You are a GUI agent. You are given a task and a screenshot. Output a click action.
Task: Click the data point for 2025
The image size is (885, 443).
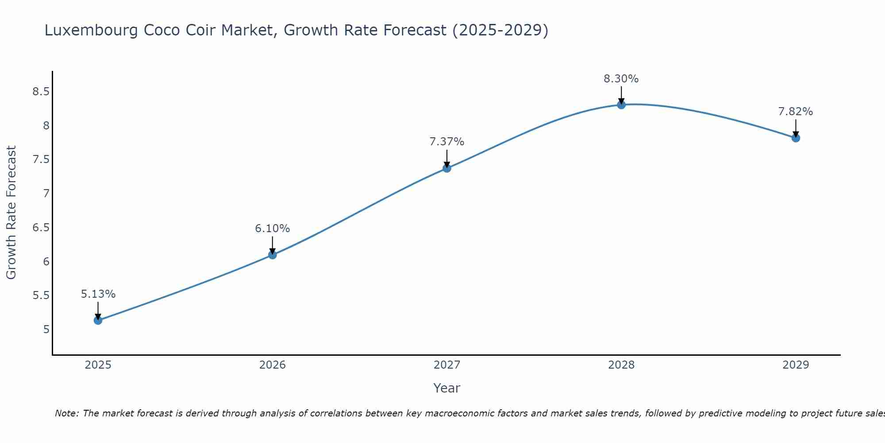(98, 320)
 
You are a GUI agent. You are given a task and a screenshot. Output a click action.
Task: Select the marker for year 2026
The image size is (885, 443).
(273, 255)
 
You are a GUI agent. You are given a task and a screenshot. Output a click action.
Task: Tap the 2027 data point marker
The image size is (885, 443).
(447, 168)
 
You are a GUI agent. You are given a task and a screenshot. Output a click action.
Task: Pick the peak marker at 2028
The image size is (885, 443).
(621, 105)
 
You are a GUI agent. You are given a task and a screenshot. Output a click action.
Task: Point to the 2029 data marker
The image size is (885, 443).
(796, 138)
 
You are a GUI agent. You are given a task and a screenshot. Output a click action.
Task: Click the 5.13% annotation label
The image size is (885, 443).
(98, 294)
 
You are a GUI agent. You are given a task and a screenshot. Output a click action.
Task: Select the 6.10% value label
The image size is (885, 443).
(273, 229)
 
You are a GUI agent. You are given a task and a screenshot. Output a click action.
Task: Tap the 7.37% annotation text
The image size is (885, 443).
(447, 142)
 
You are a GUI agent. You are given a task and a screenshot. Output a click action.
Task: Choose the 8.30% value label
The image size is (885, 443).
(621, 79)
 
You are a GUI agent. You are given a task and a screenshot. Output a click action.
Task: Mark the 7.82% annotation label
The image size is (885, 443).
(796, 112)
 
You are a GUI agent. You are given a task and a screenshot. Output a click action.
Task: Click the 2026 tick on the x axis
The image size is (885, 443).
(273, 365)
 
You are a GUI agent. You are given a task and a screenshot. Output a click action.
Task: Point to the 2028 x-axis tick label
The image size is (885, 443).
(621, 365)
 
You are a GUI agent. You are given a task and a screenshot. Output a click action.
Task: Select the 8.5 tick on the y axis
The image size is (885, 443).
(41, 92)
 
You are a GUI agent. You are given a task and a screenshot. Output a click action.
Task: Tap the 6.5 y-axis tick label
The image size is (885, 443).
(41, 228)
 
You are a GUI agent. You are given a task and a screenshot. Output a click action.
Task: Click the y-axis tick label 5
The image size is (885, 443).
(46, 330)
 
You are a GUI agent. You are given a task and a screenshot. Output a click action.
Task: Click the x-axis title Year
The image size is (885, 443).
(447, 388)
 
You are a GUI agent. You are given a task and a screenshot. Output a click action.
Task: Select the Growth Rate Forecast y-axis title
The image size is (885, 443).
(11, 213)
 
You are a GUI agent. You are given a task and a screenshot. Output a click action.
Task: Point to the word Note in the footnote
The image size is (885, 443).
(66, 413)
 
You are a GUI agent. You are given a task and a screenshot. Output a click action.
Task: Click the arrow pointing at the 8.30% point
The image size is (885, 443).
(621, 95)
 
